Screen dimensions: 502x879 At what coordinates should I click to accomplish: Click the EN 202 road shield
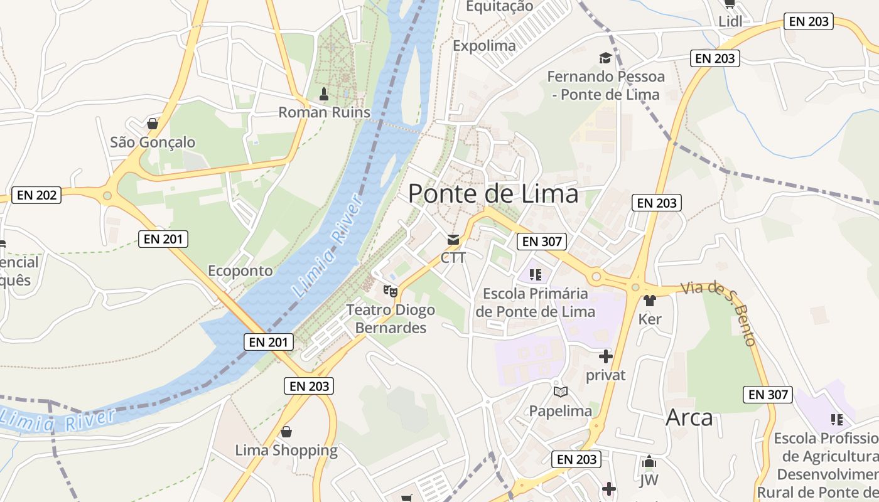[37, 195]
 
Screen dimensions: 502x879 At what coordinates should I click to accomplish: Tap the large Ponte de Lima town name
[493, 193]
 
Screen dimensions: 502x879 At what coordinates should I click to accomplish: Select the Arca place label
[689, 417]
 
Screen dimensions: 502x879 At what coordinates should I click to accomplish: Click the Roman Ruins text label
[324, 112]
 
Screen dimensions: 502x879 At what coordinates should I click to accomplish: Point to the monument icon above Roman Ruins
[324, 95]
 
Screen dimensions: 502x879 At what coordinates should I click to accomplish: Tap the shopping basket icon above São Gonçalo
[152, 123]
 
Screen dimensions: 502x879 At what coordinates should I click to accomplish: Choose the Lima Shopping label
[286, 450]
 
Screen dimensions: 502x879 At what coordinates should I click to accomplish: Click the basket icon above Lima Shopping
[286, 432]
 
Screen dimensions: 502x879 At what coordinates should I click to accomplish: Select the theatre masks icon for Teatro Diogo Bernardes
[391, 291]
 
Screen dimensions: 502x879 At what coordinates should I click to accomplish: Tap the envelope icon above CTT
[453, 239]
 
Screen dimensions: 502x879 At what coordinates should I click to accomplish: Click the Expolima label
[484, 45]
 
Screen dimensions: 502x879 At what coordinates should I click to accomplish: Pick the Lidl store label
[730, 21]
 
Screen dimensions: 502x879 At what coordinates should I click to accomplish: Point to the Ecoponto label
[240, 270]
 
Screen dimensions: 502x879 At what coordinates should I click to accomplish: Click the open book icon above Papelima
[561, 392]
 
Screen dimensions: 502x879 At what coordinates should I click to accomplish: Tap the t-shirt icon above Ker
[650, 301]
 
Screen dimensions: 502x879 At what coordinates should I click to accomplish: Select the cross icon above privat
[605, 357]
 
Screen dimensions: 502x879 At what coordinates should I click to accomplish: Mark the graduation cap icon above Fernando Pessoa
[605, 58]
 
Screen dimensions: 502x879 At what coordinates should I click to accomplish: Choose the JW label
[649, 481]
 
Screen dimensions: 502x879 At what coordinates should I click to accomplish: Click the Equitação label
[500, 6]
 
